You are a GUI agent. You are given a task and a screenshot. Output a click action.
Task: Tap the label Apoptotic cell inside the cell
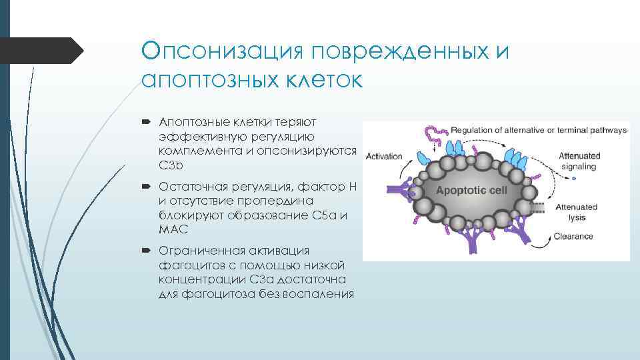(471, 190)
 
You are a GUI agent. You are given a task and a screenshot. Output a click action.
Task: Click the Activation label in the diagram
(385, 156)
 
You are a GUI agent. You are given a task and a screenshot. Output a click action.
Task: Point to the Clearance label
(574, 236)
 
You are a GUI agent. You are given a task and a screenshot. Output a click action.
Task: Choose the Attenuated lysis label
(577, 212)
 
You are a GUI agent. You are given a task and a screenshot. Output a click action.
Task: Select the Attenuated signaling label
(579, 161)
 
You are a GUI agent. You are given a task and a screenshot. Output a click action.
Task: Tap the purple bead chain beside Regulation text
(437, 134)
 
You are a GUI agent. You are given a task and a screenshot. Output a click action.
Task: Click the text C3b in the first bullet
(170, 164)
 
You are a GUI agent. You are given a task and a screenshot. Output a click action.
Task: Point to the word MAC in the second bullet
(173, 229)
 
